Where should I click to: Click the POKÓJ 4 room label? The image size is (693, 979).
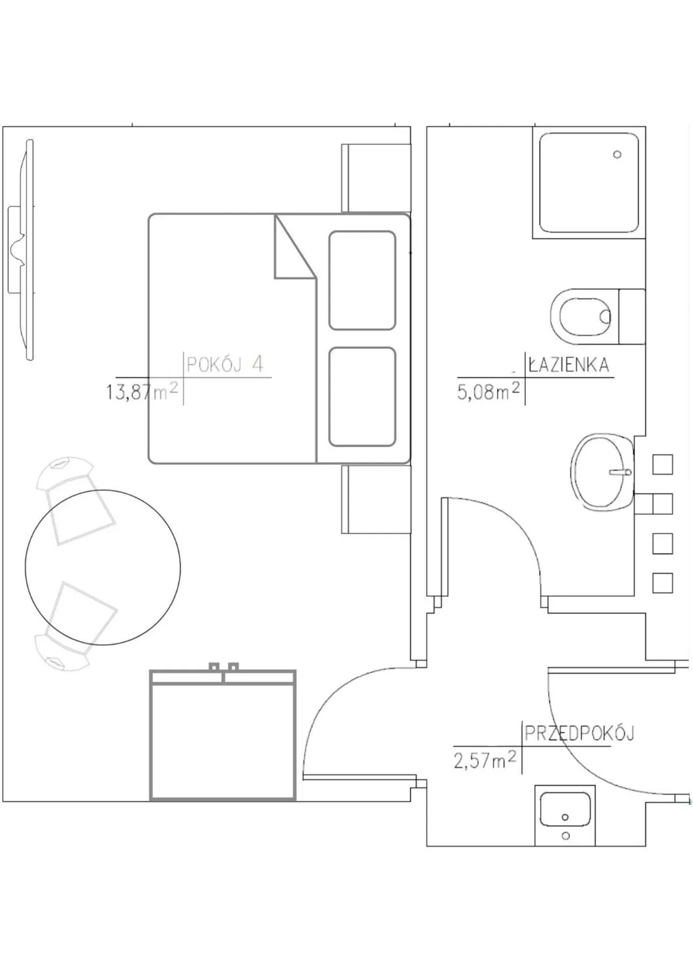point(225,364)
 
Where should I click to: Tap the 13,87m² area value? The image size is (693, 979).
point(142,392)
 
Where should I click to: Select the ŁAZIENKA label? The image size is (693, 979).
point(569,365)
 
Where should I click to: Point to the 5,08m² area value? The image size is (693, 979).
point(488,392)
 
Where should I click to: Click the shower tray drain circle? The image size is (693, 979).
point(617,154)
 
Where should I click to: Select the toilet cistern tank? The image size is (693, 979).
point(632,316)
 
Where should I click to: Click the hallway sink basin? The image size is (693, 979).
point(565,809)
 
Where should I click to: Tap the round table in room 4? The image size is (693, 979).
point(103,567)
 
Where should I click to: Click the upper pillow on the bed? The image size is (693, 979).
point(362,281)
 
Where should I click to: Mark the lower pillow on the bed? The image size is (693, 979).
point(362,397)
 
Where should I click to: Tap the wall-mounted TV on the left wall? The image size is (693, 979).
point(22,250)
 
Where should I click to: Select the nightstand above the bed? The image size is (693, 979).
point(376,178)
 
